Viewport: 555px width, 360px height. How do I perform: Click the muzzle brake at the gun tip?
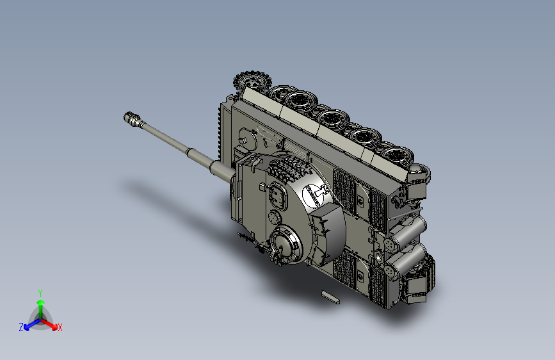(133, 119)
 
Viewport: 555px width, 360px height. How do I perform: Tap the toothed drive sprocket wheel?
(252, 82)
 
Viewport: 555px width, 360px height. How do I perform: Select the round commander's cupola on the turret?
(286, 245)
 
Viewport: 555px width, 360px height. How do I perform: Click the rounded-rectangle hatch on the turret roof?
(278, 196)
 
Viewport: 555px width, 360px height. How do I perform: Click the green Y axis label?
(40, 293)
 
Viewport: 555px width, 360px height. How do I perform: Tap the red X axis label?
(60, 327)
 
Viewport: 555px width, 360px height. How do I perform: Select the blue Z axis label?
(21, 327)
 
